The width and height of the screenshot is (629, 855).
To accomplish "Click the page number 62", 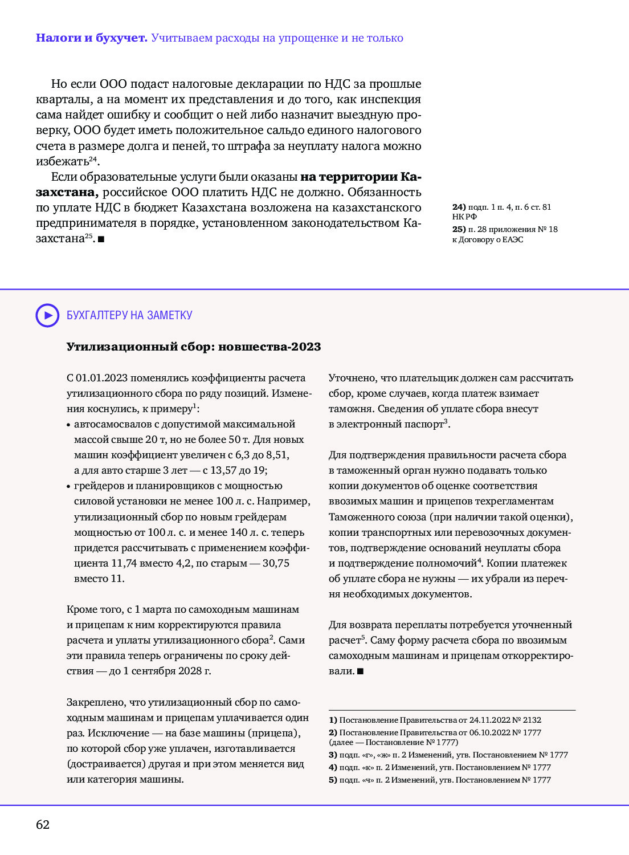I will point(43,825).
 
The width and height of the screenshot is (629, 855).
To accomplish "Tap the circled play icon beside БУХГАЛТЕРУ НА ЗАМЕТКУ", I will point(47,315).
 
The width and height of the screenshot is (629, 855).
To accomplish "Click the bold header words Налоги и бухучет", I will point(91,38).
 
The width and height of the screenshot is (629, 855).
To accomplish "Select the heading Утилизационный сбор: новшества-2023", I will point(194,347).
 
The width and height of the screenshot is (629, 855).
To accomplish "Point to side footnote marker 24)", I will point(459,207).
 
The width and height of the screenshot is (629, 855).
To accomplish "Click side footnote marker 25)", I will point(459,229).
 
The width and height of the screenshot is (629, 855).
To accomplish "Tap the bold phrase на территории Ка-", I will point(361,177).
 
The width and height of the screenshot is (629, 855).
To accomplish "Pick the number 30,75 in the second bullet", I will point(276,563).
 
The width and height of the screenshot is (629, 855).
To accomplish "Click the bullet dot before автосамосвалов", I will point(68,425).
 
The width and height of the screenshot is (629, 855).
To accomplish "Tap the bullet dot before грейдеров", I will point(68,487).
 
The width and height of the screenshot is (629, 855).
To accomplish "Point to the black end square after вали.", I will point(360,671).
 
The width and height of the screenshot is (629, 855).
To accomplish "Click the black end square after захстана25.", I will point(101,239).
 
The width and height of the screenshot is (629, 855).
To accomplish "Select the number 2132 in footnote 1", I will point(532,720).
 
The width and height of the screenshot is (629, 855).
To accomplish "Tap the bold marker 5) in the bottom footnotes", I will point(333,780).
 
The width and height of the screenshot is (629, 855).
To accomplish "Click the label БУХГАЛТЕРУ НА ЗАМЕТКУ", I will point(129,315).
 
